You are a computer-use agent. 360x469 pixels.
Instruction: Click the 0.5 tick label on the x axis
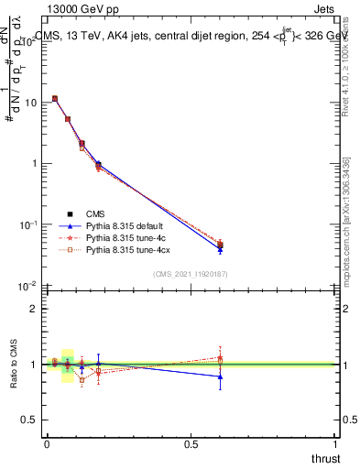pos(191,443)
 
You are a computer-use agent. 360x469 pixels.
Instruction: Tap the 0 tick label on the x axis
pos(47,443)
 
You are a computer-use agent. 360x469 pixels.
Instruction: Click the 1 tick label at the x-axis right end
pos(335,443)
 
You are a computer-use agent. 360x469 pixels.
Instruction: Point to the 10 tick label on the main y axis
pos(30,103)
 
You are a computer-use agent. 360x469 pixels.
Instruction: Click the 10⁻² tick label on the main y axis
pos(27,286)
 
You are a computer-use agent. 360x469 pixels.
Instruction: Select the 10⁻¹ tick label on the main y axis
pos(27,224)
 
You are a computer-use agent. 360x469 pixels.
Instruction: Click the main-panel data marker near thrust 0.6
pos(220,245)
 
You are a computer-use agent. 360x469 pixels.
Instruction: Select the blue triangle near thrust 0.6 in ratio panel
pos(220,376)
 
